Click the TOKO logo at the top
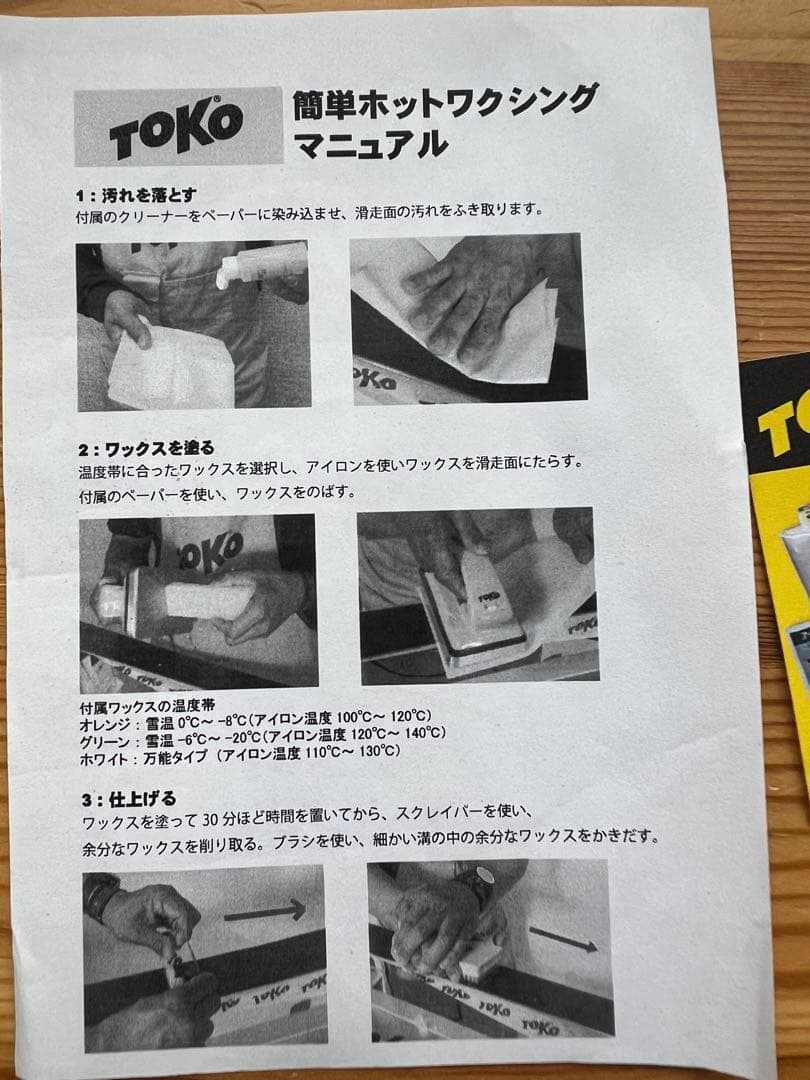coord(177,126)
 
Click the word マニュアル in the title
coord(370,144)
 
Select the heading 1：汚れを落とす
coord(136,193)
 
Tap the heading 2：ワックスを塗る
coord(145,447)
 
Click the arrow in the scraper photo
coord(264,910)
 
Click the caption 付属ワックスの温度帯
coord(145,704)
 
